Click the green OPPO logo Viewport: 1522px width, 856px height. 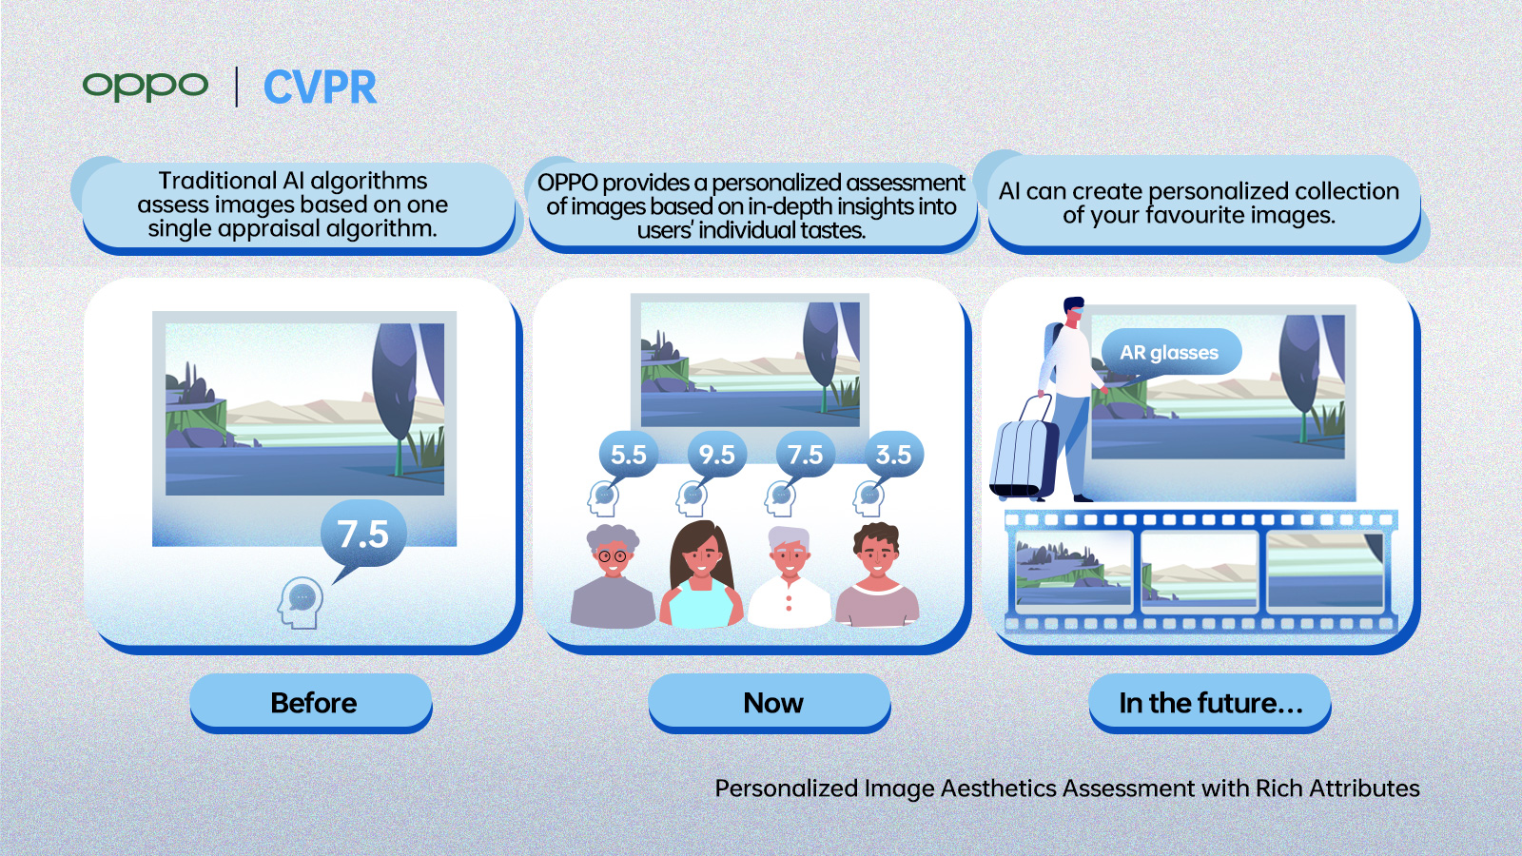tap(145, 86)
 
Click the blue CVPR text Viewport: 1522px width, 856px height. tap(320, 88)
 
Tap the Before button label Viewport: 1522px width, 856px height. tap(312, 703)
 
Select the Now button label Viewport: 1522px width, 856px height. tap(771, 703)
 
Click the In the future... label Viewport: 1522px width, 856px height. tap(1209, 703)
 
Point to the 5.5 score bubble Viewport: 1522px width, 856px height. tap(628, 455)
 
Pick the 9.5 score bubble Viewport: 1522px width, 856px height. tap(716, 455)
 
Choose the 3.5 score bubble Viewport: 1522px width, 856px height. tap(893, 455)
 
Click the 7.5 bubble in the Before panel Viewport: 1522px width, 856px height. tap(362, 534)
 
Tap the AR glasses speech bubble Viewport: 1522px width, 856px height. tap(1169, 353)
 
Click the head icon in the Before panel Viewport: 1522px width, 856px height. tap(301, 602)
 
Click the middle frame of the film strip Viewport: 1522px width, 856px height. tap(1199, 570)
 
